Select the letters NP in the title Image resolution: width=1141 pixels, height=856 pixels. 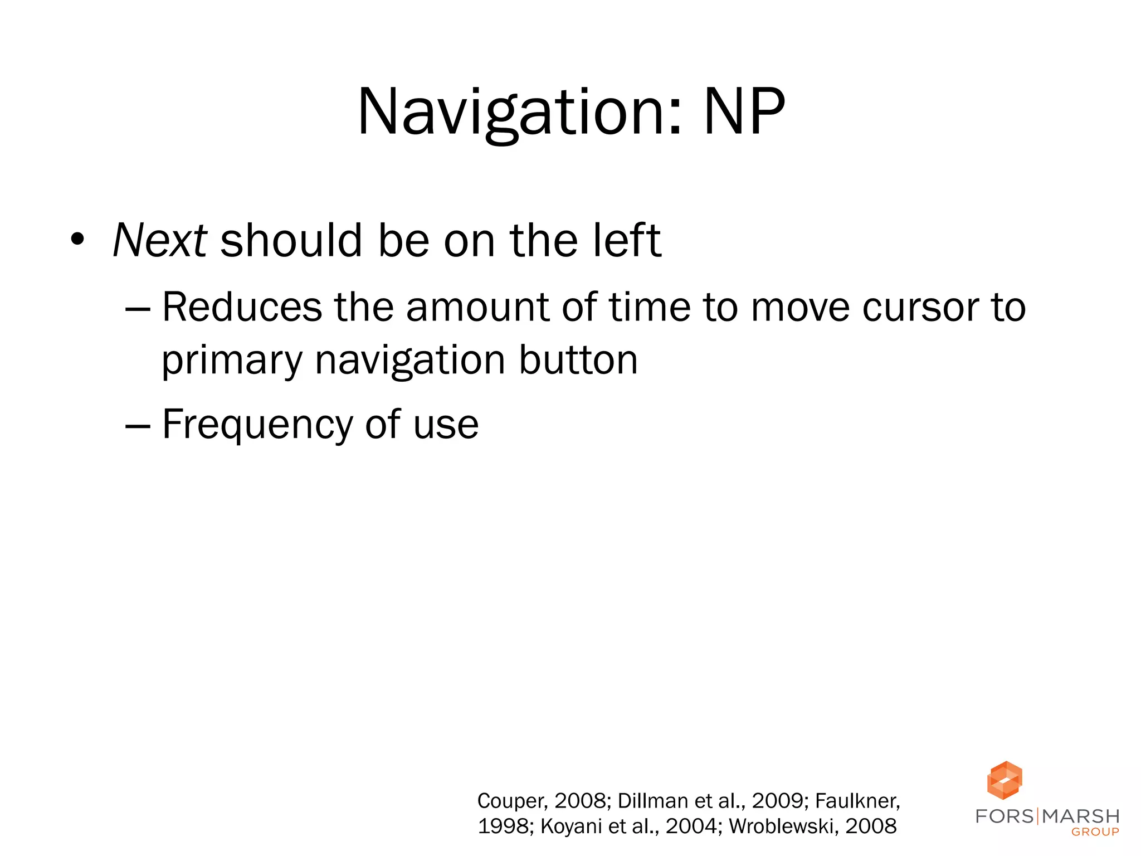(x=744, y=112)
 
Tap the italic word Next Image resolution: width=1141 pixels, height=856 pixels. (x=160, y=240)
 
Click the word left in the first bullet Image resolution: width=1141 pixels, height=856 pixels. (x=627, y=240)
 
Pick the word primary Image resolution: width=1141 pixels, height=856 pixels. (x=232, y=361)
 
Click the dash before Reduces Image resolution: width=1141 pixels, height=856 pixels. (x=138, y=308)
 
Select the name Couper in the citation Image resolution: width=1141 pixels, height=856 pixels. (x=511, y=801)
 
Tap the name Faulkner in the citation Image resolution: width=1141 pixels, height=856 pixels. (x=857, y=801)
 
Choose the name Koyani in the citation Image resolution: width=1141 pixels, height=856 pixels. (x=571, y=826)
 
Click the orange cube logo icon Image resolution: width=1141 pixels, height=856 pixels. (x=1004, y=780)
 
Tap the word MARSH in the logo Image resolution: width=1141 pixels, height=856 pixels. (x=1081, y=816)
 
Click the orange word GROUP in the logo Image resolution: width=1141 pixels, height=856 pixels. (x=1095, y=832)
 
